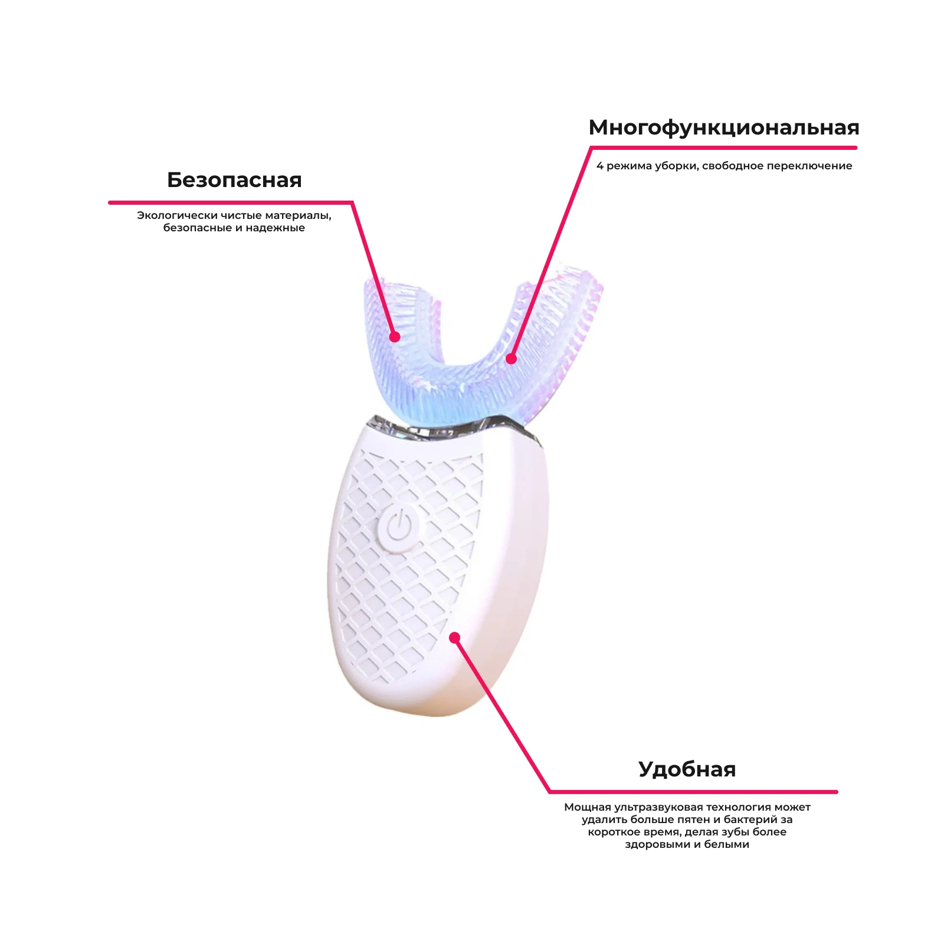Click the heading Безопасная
(x=234, y=180)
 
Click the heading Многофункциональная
(x=723, y=127)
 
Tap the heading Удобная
(x=687, y=769)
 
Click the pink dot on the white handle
(x=454, y=637)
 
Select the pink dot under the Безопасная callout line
(x=395, y=337)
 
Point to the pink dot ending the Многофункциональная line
(x=511, y=359)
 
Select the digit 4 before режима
(x=600, y=166)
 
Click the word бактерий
(x=742, y=820)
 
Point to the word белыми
(x=726, y=844)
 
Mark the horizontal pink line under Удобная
(x=693, y=792)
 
